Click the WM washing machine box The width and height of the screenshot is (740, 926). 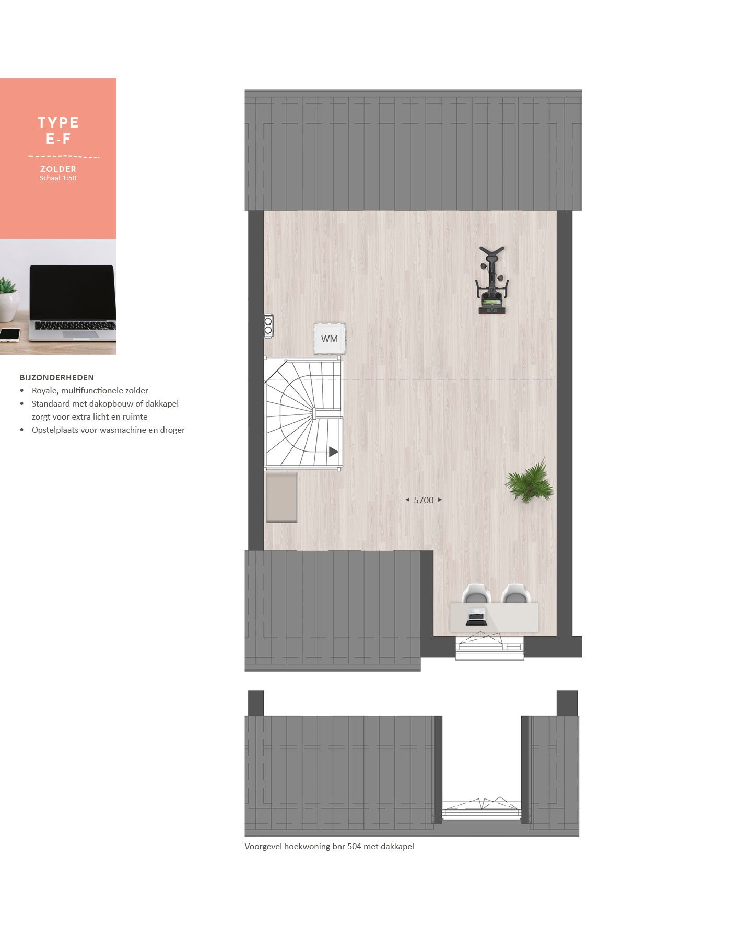click(x=329, y=339)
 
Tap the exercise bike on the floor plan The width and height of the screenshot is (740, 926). click(x=492, y=282)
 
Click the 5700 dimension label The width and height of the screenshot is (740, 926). click(x=424, y=500)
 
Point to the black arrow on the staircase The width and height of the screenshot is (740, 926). click(x=333, y=452)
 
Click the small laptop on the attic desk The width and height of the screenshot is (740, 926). click(x=476, y=617)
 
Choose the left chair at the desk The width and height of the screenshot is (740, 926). click(x=476, y=594)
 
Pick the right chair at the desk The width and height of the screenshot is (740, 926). click(x=515, y=594)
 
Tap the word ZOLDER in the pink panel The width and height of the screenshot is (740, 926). click(x=58, y=169)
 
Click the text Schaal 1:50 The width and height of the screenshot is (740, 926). click(x=58, y=178)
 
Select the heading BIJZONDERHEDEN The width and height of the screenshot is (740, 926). click(x=57, y=377)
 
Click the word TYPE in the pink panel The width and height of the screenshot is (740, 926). click(x=58, y=123)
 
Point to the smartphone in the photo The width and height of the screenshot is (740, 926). click(x=10, y=334)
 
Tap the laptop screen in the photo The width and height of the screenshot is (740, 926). click(x=72, y=292)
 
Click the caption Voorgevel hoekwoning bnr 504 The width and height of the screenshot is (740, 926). click(x=329, y=846)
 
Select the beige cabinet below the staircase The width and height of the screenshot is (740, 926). click(x=282, y=497)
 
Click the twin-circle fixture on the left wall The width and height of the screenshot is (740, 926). click(x=268, y=326)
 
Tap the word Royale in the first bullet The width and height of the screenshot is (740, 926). click(x=45, y=390)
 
